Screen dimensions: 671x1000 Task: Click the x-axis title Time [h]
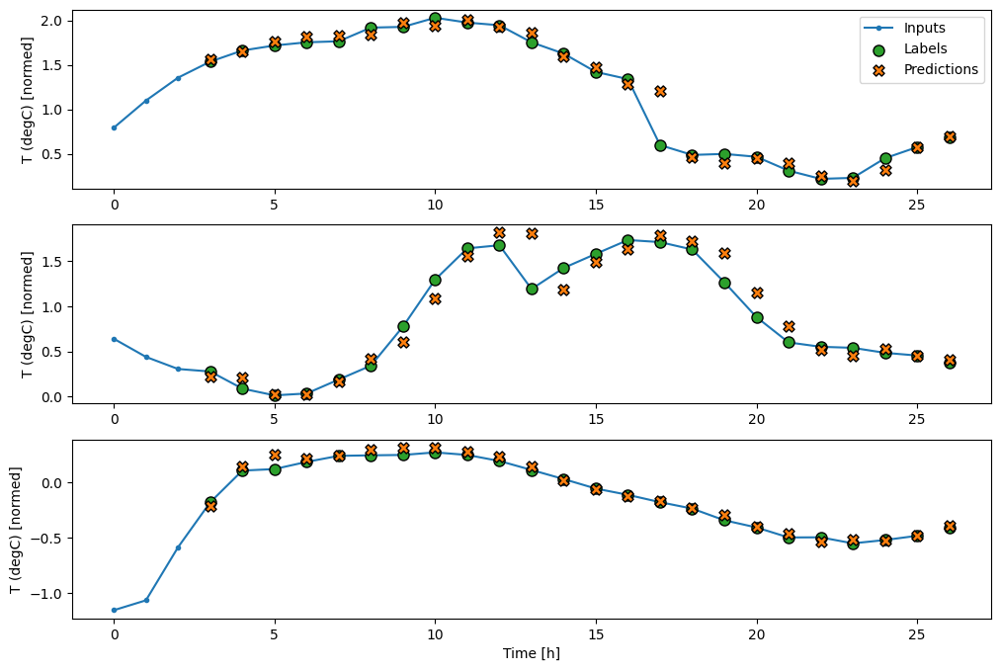click(532, 653)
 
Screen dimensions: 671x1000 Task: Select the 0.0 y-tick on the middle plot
click(54, 397)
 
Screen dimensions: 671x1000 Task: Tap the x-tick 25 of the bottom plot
click(917, 633)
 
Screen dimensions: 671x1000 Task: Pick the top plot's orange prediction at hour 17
click(660, 91)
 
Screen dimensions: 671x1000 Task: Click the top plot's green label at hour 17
click(660, 145)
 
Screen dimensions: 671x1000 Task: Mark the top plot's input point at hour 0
click(114, 127)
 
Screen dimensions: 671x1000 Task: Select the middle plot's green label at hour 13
click(532, 289)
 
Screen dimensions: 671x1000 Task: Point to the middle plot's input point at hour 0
click(114, 339)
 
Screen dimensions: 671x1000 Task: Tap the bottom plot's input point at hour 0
click(114, 610)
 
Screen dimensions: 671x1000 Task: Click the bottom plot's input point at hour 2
click(178, 547)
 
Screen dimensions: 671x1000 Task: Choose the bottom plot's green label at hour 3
click(210, 502)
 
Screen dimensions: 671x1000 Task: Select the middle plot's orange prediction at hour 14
click(563, 291)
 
